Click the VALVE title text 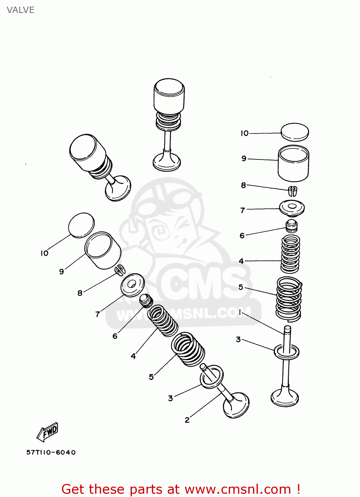click(x=21, y=10)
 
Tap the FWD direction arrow click(x=48, y=431)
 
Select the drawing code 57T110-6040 click(x=51, y=452)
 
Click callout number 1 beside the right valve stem click(x=240, y=312)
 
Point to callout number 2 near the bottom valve click(x=187, y=420)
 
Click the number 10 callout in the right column click(x=245, y=133)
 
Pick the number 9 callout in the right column click(x=244, y=158)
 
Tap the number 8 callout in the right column click(x=244, y=185)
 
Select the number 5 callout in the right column click(x=241, y=287)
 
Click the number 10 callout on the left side click(x=44, y=253)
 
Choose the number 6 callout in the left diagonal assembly click(x=115, y=336)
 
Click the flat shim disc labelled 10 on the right click(x=295, y=132)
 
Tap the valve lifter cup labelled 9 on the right click(x=293, y=164)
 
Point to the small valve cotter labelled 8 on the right click(x=292, y=191)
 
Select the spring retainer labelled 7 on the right click(x=292, y=208)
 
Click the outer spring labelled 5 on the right click(x=289, y=298)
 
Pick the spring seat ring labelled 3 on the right click(x=286, y=352)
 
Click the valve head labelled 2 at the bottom click(x=236, y=405)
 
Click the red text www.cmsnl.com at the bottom click(x=237, y=489)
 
